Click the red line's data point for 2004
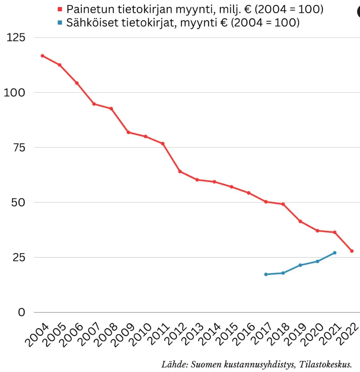click(42, 56)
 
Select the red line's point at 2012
click(180, 171)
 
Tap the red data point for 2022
click(352, 251)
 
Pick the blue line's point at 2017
click(266, 274)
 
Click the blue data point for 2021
click(335, 253)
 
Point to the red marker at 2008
click(111, 108)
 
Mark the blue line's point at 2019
click(300, 265)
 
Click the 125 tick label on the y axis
click(16, 38)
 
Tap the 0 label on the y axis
click(21, 312)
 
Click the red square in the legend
click(59, 9)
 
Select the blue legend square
click(59, 22)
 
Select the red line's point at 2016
click(249, 193)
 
